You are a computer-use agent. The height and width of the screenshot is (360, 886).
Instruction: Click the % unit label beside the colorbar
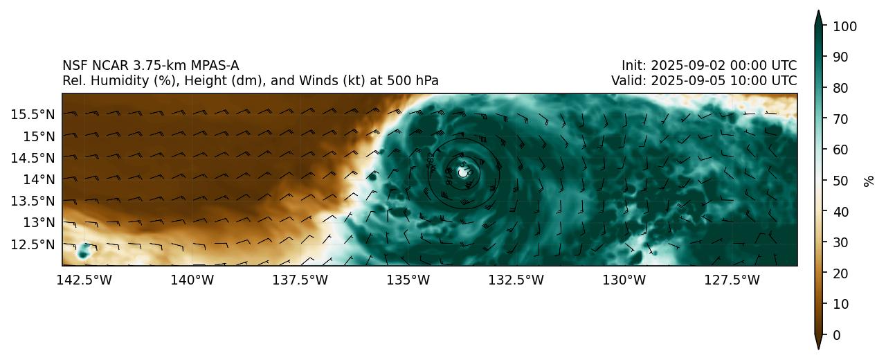[869, 181]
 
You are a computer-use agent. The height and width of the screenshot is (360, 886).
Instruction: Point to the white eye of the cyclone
[463, 172]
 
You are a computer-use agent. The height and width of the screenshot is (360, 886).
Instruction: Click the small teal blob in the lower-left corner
[84, 251]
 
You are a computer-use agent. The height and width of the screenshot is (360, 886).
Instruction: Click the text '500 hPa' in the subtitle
[414, 81]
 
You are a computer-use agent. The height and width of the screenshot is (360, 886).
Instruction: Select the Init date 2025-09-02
[685, 66]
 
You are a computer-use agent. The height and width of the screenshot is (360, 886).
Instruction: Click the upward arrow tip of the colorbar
[818, 12]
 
